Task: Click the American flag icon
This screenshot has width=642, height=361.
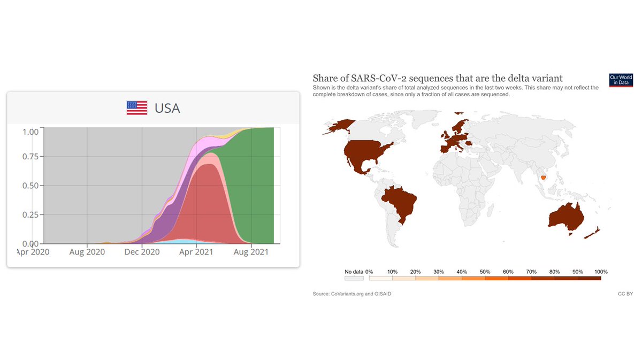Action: (137, 107)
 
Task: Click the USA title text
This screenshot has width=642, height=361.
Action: (167, 108)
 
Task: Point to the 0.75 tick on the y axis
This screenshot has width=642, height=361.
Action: (30, 156)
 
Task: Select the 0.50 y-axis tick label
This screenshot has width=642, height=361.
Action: (30, 186)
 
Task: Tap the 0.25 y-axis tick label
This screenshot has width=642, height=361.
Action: (30, 214)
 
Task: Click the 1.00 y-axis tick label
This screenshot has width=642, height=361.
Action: (30, 132)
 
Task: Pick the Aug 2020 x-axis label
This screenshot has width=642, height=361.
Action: (87, 252)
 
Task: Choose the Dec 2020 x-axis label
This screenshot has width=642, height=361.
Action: (142, 252)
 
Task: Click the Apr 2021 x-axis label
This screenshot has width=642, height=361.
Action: (196, 252)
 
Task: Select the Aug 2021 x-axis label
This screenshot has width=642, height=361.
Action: (251, 252)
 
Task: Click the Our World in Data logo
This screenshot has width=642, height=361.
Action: (621, 80)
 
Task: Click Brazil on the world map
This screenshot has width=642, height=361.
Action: (400, 204)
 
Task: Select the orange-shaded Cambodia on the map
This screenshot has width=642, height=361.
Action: (543, 178)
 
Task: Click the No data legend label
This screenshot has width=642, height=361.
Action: (354, 272)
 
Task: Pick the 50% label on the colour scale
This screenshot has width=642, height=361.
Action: (485, 272)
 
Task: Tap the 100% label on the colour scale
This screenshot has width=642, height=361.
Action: (601, 272)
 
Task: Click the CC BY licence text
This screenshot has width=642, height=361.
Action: (625, 294)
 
